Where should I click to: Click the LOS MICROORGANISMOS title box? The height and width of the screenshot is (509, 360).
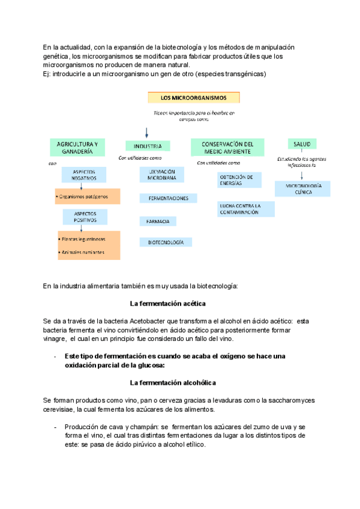pyautogui.click(x=193, y=97)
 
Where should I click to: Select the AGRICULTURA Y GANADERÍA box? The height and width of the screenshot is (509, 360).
pyautogui.click(x=77, y=148)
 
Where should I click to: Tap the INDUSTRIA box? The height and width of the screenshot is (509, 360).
pyautogui.click(x=147, y=146)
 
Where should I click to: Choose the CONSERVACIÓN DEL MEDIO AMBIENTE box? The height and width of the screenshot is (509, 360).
pyautogui.click(x=227, y=148)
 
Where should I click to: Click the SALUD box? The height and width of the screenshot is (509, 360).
pyautogui.click(x=302, y=144)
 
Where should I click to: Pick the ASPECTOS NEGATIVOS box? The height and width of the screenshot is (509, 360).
pyautogui.click(x=84, y=175)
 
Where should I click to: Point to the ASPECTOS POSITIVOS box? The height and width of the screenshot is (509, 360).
pyautogui.click(x=84, y=217)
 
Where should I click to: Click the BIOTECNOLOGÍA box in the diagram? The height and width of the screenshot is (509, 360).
pyautogui.click(x=166, y=242)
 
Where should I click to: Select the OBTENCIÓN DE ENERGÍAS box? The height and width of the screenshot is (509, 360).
pyautogui.click(x=239, y=180)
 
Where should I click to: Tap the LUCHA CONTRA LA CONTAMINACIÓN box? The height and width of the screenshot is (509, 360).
pyautogui.click(x=245, y=209)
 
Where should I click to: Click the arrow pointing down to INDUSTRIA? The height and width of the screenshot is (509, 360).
pyautogui.click(x=147, y=133)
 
